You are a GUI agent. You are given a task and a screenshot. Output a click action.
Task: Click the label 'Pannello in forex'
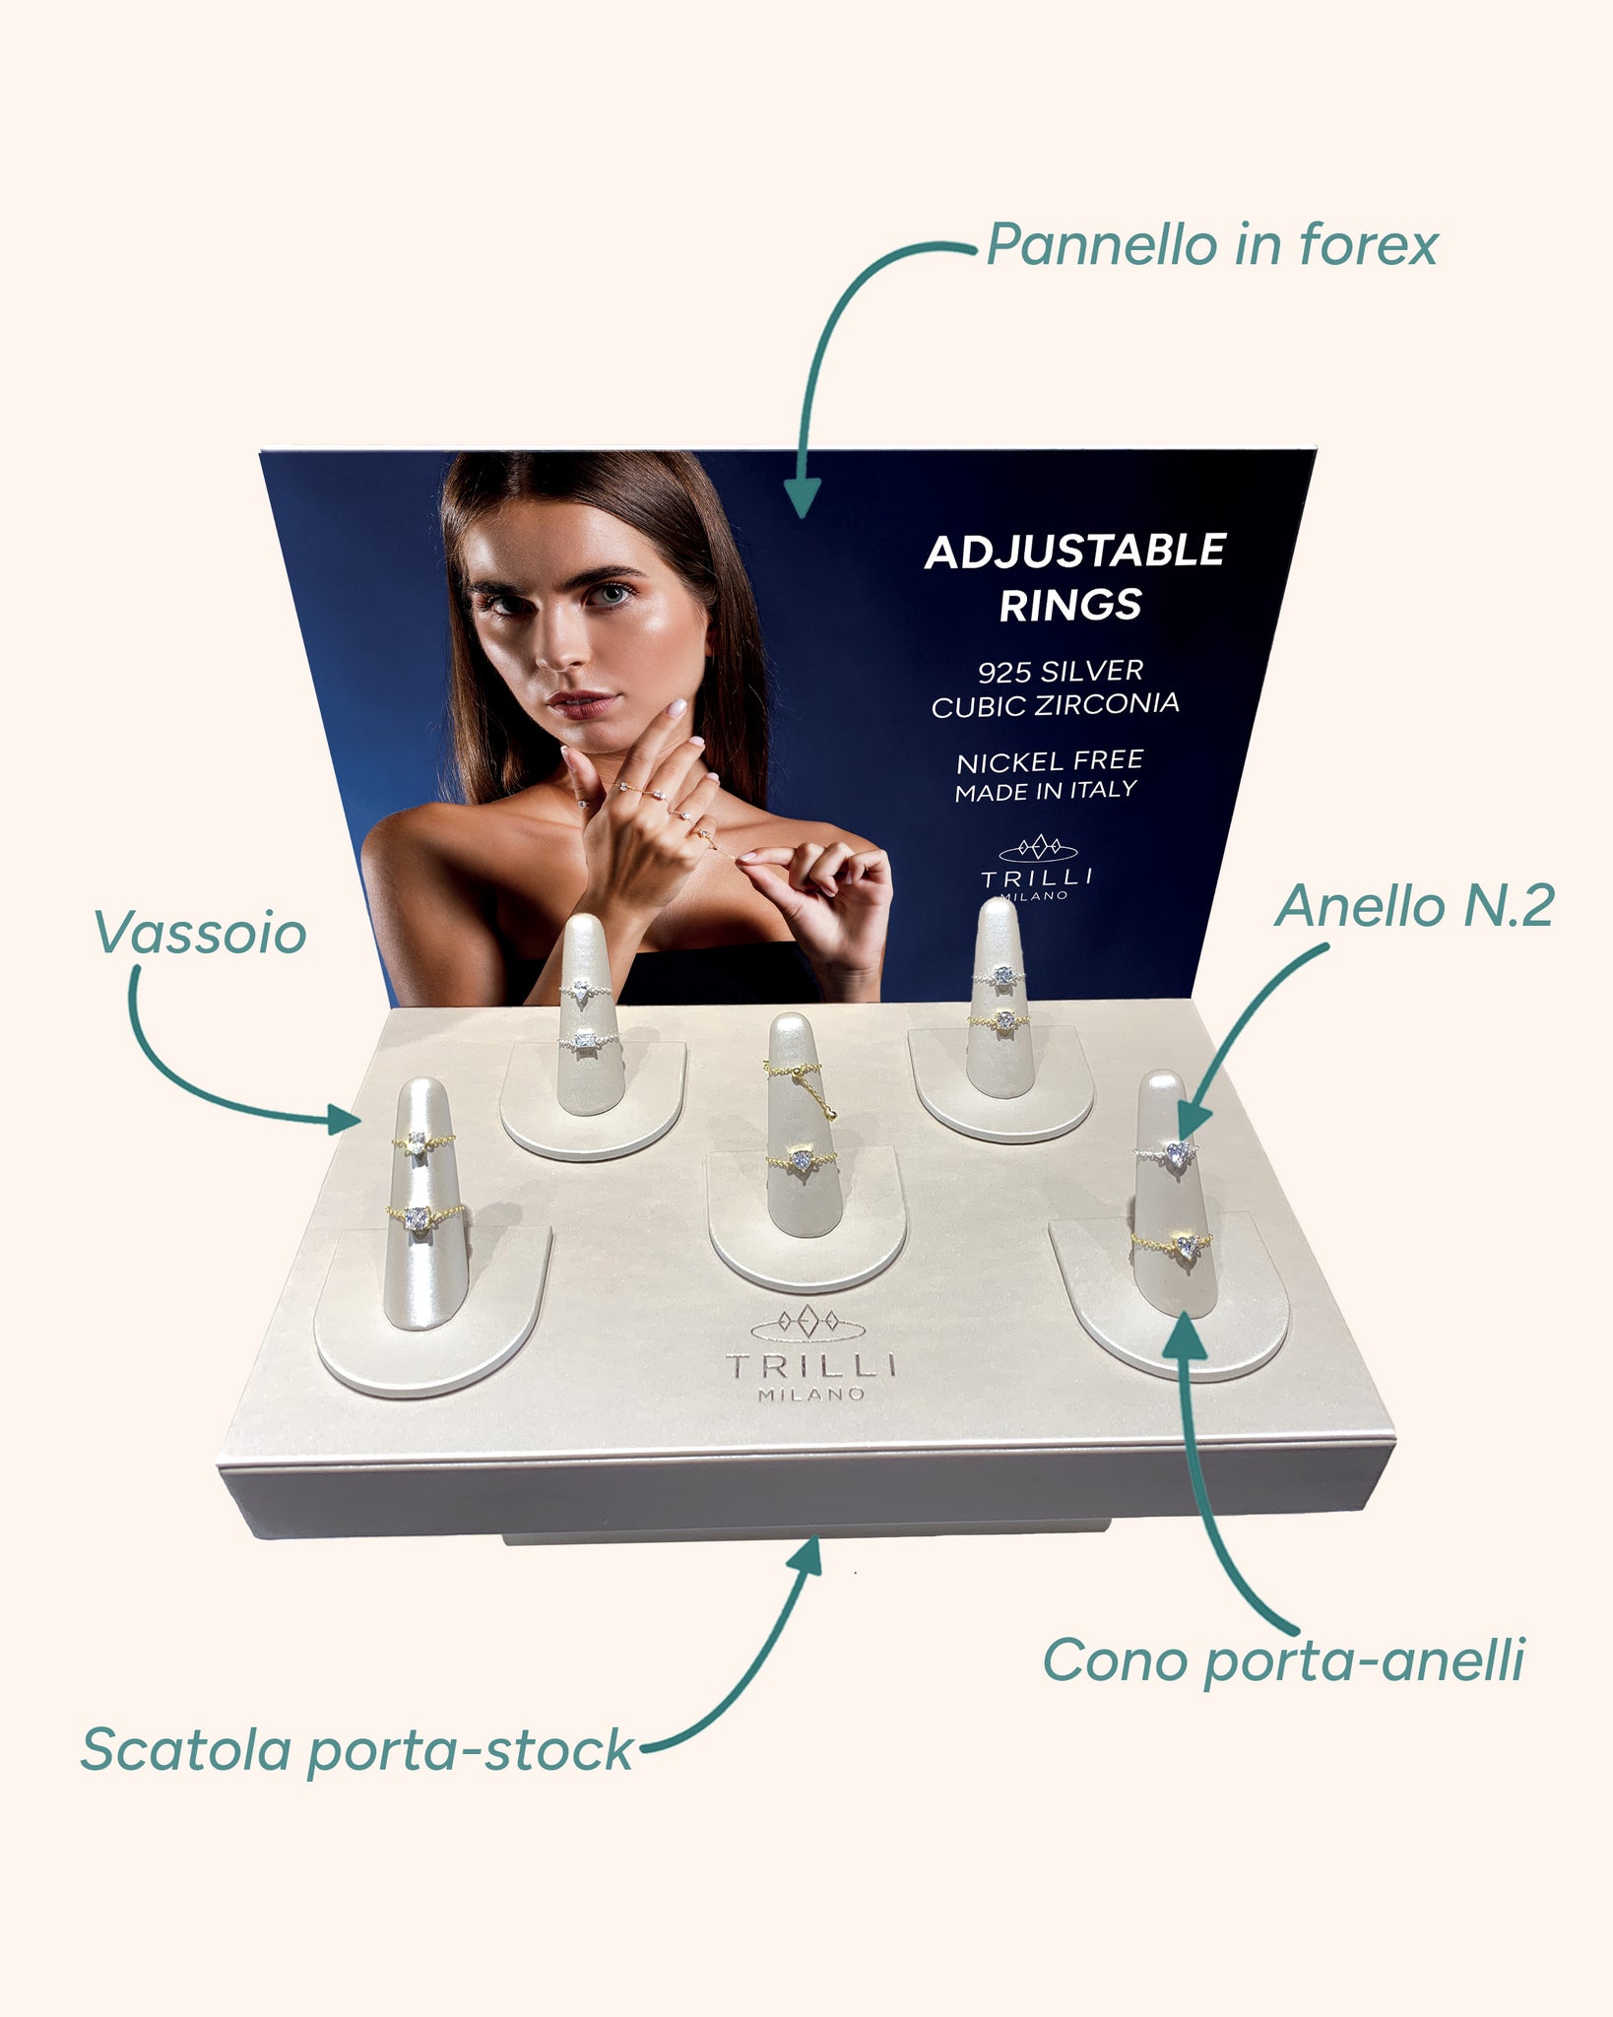coord(1212,244)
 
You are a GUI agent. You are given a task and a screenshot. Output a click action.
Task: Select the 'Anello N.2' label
coord(1414,906)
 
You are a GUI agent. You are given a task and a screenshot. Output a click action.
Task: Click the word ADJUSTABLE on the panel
coord(1074,551)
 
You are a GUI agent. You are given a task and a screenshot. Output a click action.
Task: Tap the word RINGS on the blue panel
coord(1070,605)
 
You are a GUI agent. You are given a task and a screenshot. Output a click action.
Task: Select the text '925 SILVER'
coord(1061,672)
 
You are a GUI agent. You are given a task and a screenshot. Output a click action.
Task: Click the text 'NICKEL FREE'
coord(1050,761)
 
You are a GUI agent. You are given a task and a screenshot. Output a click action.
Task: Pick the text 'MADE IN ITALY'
coord(1046,791)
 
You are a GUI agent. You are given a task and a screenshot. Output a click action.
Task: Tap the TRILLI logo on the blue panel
coord(1037,867)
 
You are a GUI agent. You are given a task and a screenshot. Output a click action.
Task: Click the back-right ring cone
coord(999,999)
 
